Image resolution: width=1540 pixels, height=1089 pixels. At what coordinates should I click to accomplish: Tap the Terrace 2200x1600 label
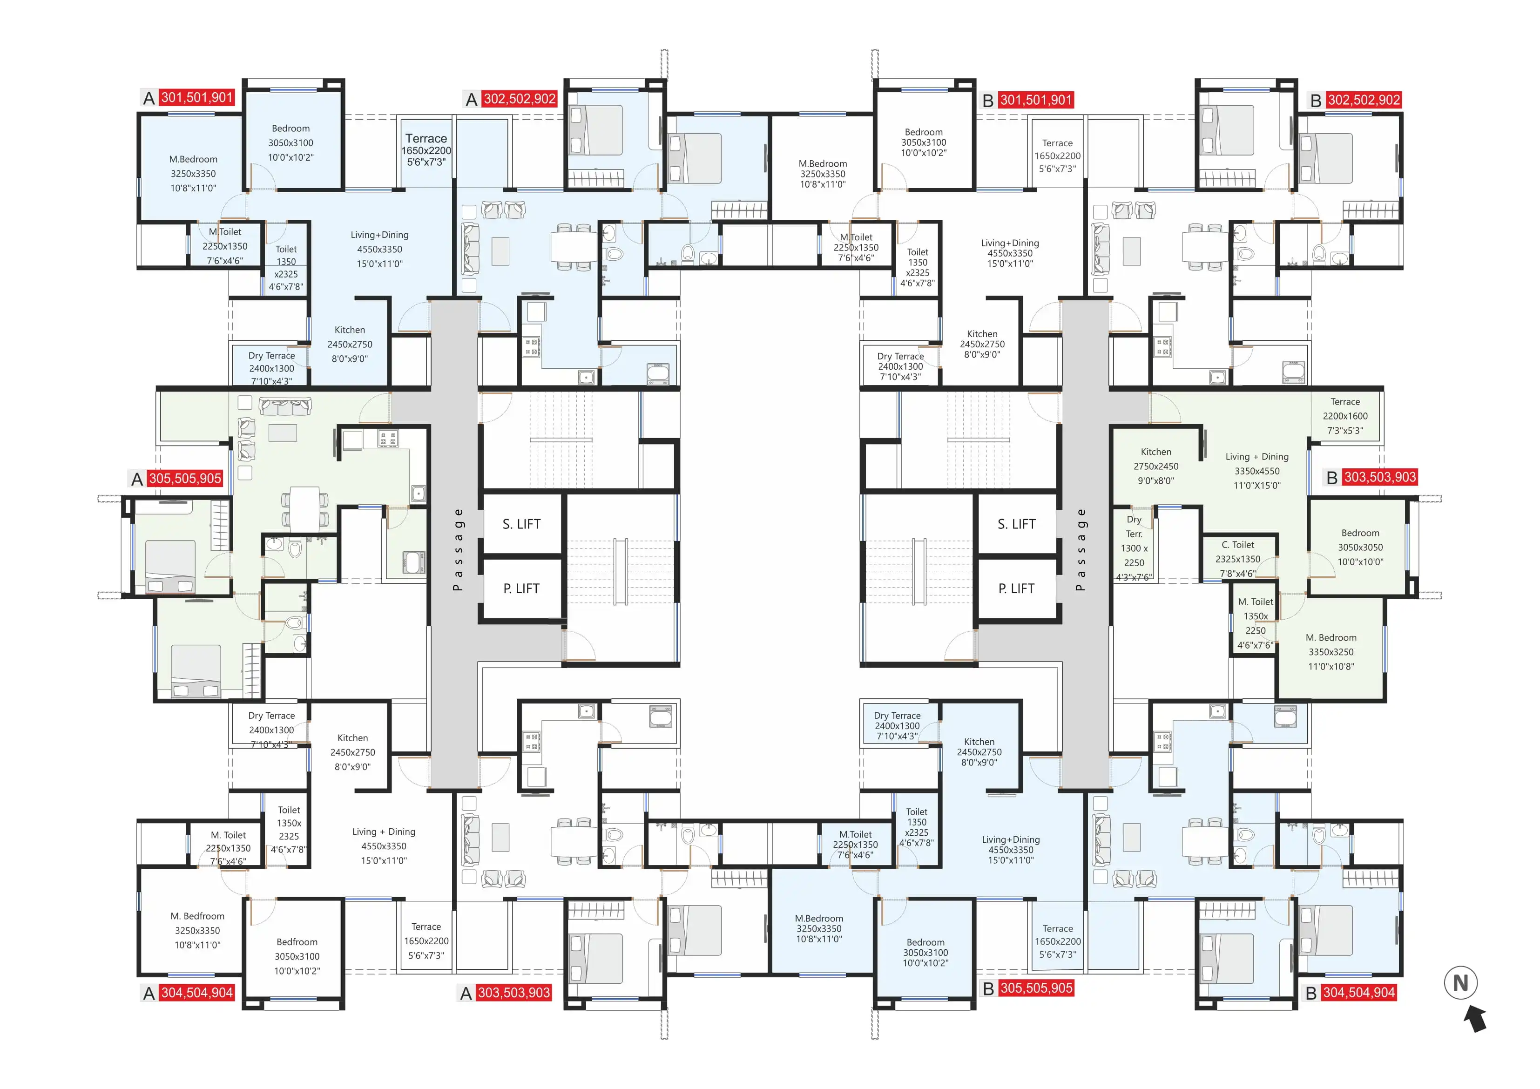1345,416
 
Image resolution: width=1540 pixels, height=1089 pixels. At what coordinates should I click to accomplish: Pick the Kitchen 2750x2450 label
1155,467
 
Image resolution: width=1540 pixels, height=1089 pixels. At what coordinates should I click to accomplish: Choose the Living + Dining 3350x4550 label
1257,471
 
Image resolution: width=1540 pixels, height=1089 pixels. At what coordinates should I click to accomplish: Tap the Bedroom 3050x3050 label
1360,548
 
